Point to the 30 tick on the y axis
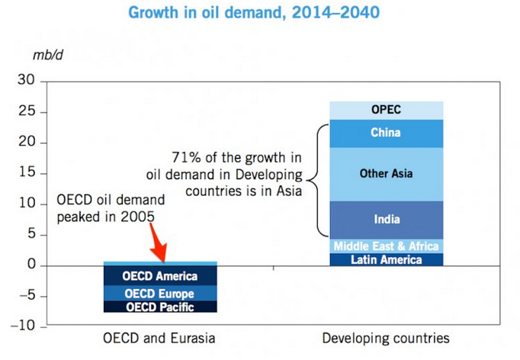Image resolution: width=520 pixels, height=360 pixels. point(27,81)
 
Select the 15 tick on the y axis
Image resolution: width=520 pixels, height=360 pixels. point(28,173)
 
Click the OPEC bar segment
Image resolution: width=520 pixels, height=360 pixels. point(386,110)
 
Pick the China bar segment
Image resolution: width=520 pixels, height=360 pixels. point(386,133)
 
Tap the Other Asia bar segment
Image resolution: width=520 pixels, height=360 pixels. point(386,174)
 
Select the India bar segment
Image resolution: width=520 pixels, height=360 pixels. point(386,220)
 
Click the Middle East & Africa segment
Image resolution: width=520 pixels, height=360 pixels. point(386,246)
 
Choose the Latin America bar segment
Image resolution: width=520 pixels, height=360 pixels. point(386,259)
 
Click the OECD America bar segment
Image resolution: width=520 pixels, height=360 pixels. point(160,276)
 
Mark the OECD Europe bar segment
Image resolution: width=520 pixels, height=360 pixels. point(160,294)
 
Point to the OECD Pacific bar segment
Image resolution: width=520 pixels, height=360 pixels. point(160,307)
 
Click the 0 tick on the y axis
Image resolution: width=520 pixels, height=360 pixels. point(30,265)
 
